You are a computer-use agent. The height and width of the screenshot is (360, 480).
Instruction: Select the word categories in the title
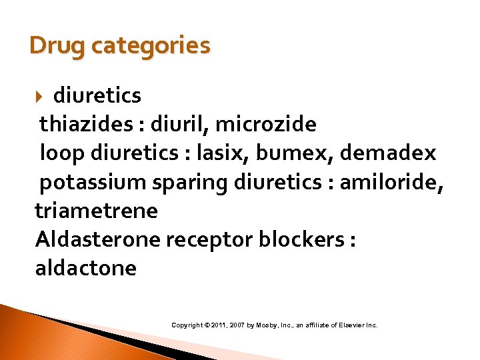click(x=150, y=46)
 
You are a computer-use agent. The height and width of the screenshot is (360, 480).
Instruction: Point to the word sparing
click(x=186, y=182)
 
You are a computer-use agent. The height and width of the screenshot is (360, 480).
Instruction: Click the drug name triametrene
click(x=97, y=211)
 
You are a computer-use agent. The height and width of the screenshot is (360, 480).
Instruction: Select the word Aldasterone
click(x=97, y=239)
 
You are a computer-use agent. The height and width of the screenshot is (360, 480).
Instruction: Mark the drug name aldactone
click(x=86, y=268)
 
